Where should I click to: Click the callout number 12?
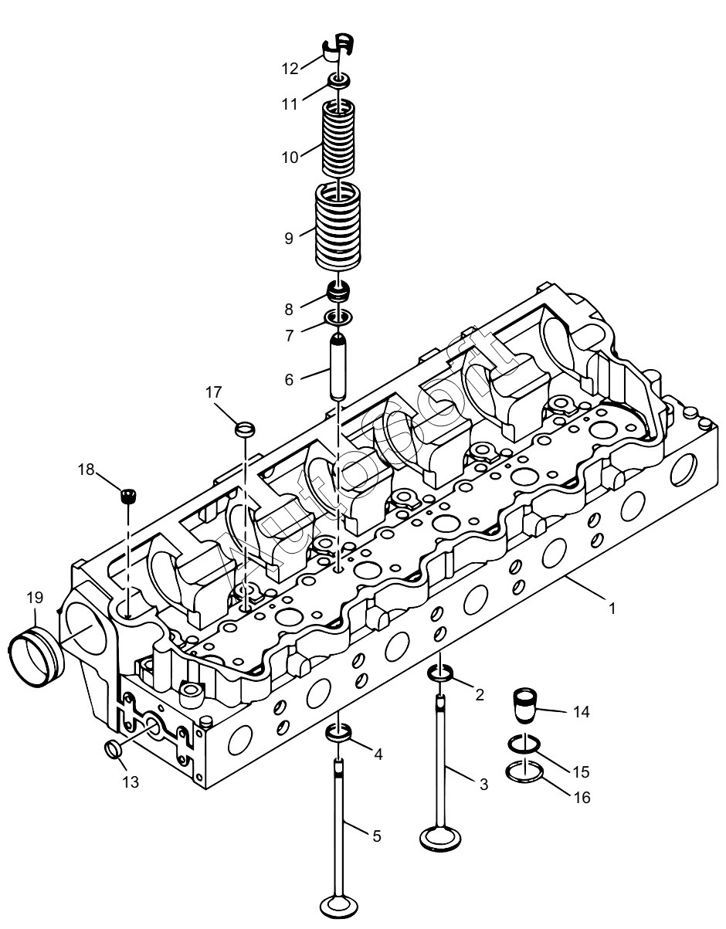[x=290, y=69]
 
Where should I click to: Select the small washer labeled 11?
[x=339, y=80]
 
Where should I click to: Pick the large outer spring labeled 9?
[x=338, y=226]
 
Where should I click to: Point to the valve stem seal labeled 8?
[x=338, y=292]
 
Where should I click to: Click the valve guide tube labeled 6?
[x=338, y=368]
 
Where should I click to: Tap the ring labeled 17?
[x=246, y=429]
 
